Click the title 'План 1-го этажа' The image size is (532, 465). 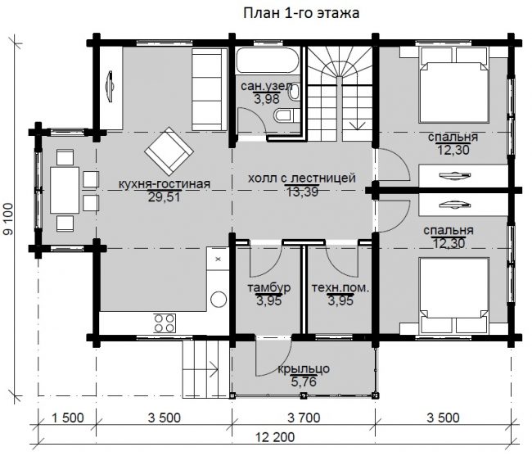[x=301, y=14]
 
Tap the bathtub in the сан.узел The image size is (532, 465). [x=268, y=61]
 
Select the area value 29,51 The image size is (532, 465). [x=164, y=197]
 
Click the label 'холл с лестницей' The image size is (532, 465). [x=302, y=178]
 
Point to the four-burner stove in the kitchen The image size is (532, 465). [x=165, y=323]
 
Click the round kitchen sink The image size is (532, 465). [x=219, y=300]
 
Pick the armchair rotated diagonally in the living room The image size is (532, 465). [x=169, y=151]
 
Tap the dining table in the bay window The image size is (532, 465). [x=65, y=190]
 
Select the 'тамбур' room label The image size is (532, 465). [x=268, y=287]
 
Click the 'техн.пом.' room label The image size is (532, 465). [x=340, y=288]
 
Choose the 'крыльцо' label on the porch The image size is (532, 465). [x=304, y=369]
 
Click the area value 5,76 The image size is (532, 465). [x=304, y=381]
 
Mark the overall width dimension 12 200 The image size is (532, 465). [x=275, y=437]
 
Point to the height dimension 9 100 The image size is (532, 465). [x=8, y=219]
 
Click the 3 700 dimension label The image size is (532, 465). [x=304, y=418]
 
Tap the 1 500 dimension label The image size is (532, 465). [x=67, y=418]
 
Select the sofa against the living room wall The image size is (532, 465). [x=209, y=89]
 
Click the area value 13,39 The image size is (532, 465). [x=303, y=192]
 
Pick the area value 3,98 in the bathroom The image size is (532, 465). [x=267, y=99]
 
